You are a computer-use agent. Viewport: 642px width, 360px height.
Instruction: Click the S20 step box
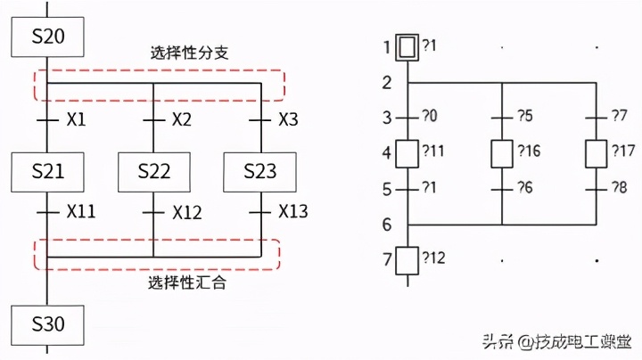point(47,37)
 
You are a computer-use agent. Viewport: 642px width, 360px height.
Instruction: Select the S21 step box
point(47,172)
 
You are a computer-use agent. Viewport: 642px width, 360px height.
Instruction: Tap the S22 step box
point(154,172)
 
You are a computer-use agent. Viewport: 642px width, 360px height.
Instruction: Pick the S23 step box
point(260,172)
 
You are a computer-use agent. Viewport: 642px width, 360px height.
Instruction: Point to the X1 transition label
point(76,119)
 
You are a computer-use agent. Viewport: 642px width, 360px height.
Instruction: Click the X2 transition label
point(182,119)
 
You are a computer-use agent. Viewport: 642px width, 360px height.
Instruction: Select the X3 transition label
point(288,119)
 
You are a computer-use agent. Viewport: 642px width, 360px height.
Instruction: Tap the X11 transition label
point(81,212)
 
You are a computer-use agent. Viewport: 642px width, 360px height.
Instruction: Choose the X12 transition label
point(187,212)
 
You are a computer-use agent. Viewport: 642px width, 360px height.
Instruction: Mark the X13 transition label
point(293,212)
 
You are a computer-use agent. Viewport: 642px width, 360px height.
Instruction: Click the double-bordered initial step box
point(407,46)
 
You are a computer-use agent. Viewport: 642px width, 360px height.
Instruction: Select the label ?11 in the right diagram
point(435,151)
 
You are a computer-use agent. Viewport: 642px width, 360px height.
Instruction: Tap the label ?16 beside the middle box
point(529,151)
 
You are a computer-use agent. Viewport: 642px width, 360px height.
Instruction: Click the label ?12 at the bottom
point(435,259)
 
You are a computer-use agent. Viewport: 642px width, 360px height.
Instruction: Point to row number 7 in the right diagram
point(386,260)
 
